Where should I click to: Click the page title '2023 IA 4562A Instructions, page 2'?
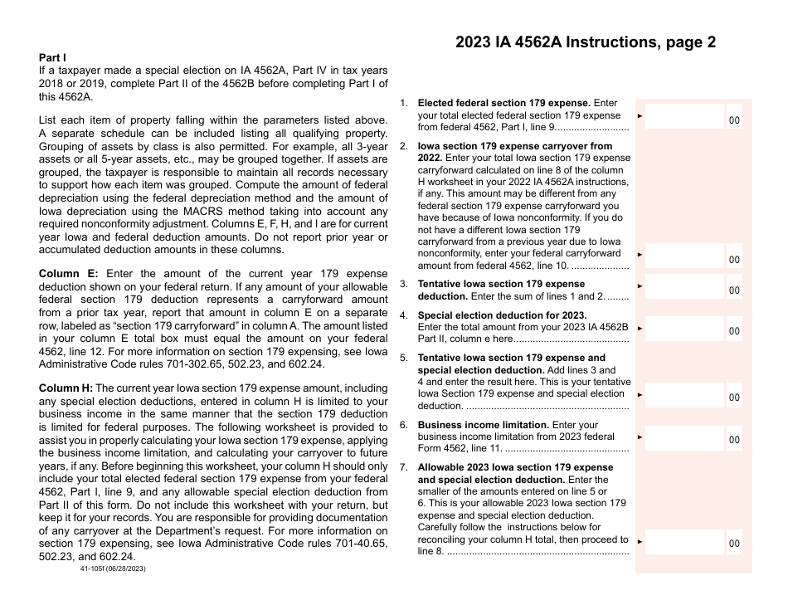(x=586, y=43)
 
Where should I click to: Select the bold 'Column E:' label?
(x=69, y=274)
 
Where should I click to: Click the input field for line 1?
(x=684, y=116)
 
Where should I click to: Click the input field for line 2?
(x=684, y=256)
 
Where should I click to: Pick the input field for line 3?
(x=684, y=286)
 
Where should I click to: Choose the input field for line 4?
(x=684, y=327)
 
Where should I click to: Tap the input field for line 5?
(x=684, y=394)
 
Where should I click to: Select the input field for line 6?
(x=684, y=437)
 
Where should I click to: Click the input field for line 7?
(x=684, y=540)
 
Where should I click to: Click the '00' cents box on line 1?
(x=735, y=121)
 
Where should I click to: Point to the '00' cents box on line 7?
(x=735, y=544)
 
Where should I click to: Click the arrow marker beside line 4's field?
(x=640, y=329)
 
